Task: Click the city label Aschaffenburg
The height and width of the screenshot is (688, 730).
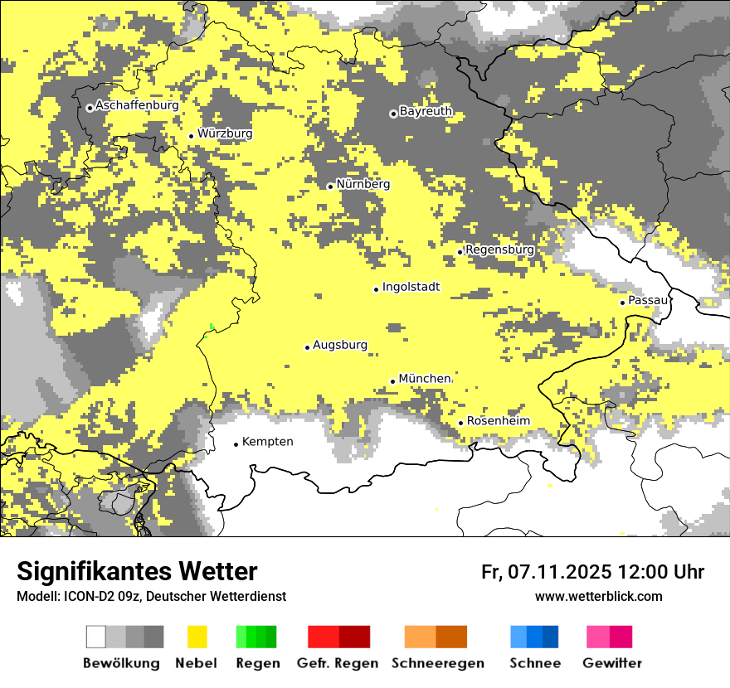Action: click(137, 106)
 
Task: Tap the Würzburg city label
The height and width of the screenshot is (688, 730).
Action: click(225, 133)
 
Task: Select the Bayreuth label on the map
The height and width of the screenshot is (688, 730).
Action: click(426, 111)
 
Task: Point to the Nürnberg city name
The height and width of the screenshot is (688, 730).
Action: click(363, 184)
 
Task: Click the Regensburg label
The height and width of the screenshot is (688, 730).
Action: click(499, 250)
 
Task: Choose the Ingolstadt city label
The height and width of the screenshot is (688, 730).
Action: click(411, 287)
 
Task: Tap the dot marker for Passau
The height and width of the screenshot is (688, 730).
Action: click(622, 303)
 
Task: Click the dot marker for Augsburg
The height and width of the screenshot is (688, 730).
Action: click(307, 347)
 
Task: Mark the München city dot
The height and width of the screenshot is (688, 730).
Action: click(393, 381)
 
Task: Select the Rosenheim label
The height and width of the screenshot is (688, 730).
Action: click(498, 421)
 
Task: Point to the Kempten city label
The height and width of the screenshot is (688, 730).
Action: click(267, 442)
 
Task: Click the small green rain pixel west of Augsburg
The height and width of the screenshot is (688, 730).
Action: click(212, 327)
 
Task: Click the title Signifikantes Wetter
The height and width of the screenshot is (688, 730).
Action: click(137, 572)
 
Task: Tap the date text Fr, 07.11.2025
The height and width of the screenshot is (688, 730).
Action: click(547, 572)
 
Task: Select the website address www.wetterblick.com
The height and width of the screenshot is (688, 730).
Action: click(598, 596)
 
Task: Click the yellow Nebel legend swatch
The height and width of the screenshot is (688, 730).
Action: click(197, 637)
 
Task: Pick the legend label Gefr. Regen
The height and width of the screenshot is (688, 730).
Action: click(338, 663)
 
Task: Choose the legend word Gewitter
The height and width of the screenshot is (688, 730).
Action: click(612, 663)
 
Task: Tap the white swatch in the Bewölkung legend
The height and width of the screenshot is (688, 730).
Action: click(96, 637)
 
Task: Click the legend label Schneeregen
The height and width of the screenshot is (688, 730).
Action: click(438, 663)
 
